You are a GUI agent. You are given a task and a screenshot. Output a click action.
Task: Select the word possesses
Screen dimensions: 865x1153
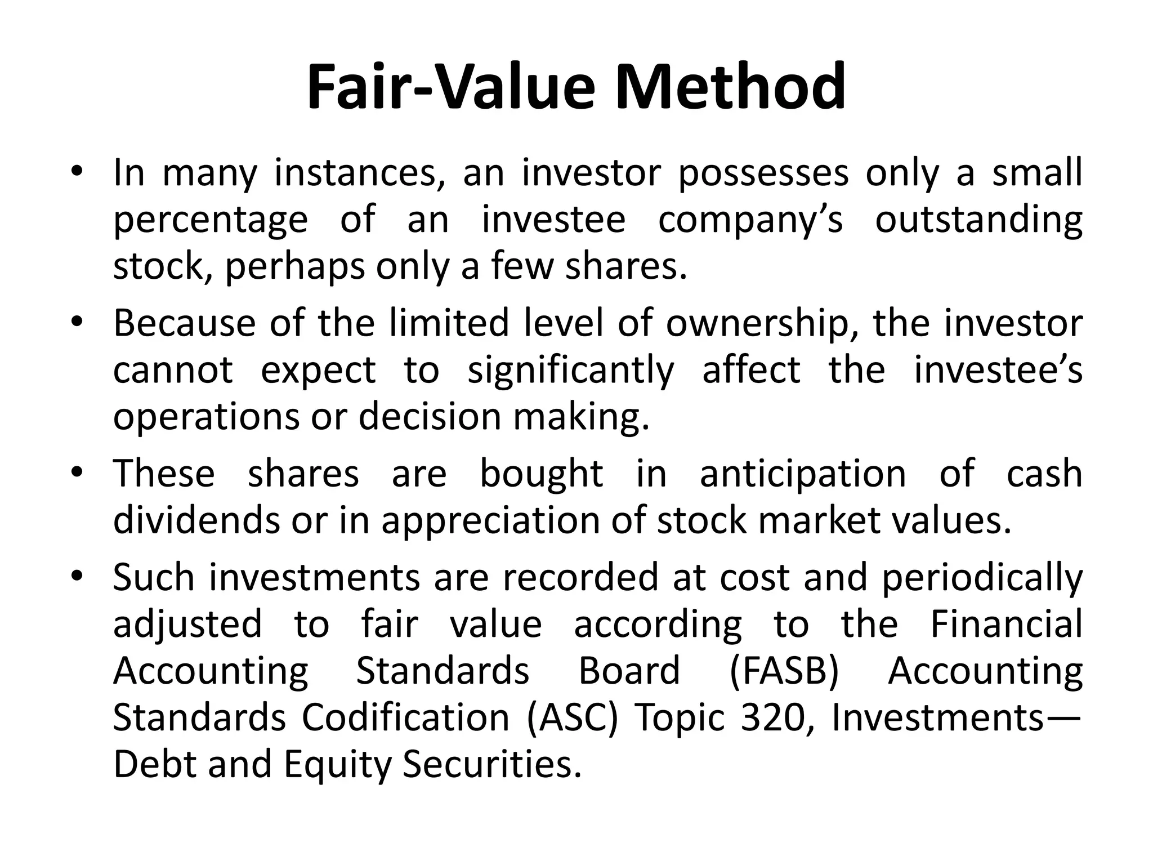[x=763, y=173]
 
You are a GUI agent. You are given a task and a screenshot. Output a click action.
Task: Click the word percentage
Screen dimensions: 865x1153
[x=211, y=220]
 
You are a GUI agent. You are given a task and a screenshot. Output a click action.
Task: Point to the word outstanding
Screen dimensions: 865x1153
[x=978, y=220]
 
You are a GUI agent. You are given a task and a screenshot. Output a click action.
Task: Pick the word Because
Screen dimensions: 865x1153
[x=184, y=323]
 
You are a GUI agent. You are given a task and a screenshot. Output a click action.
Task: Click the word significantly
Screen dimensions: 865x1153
[x=570, y=371]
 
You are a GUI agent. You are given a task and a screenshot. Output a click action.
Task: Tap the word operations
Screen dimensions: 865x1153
[x=205, y=417]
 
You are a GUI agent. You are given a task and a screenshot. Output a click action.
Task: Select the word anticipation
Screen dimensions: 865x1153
[x=803, y=474]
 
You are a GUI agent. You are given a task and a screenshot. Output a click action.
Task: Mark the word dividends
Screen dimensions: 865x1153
[x=196, y=520]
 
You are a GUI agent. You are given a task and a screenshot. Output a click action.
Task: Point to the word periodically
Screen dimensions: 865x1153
[x=982, y=578]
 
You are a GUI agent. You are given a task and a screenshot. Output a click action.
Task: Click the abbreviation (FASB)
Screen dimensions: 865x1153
[x=784, y=671]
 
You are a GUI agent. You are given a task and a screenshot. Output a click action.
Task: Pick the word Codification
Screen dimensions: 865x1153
[x=405, y=718]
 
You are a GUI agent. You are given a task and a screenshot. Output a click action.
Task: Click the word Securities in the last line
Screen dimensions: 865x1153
[x=491, y=765]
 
